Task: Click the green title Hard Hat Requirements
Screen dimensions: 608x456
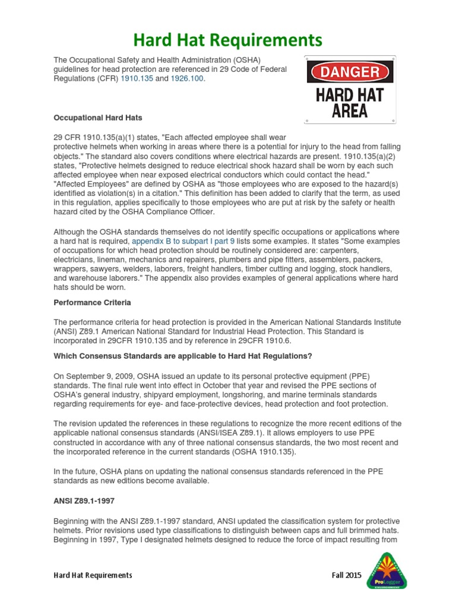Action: tap(228, 40)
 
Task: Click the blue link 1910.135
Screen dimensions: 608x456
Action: tap(137, 79)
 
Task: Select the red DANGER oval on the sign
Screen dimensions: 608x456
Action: tap(350, 72)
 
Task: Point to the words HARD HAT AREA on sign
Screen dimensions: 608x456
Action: tap(350, 103)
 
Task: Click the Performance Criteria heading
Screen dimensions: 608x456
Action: tap(93, 302)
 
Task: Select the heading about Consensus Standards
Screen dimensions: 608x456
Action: tap(183, 356)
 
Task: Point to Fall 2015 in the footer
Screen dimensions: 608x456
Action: tap(346, 575)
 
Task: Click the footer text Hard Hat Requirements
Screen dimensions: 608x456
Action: tap(93, 575)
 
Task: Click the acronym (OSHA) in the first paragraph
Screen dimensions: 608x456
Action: tap(245, 60)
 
